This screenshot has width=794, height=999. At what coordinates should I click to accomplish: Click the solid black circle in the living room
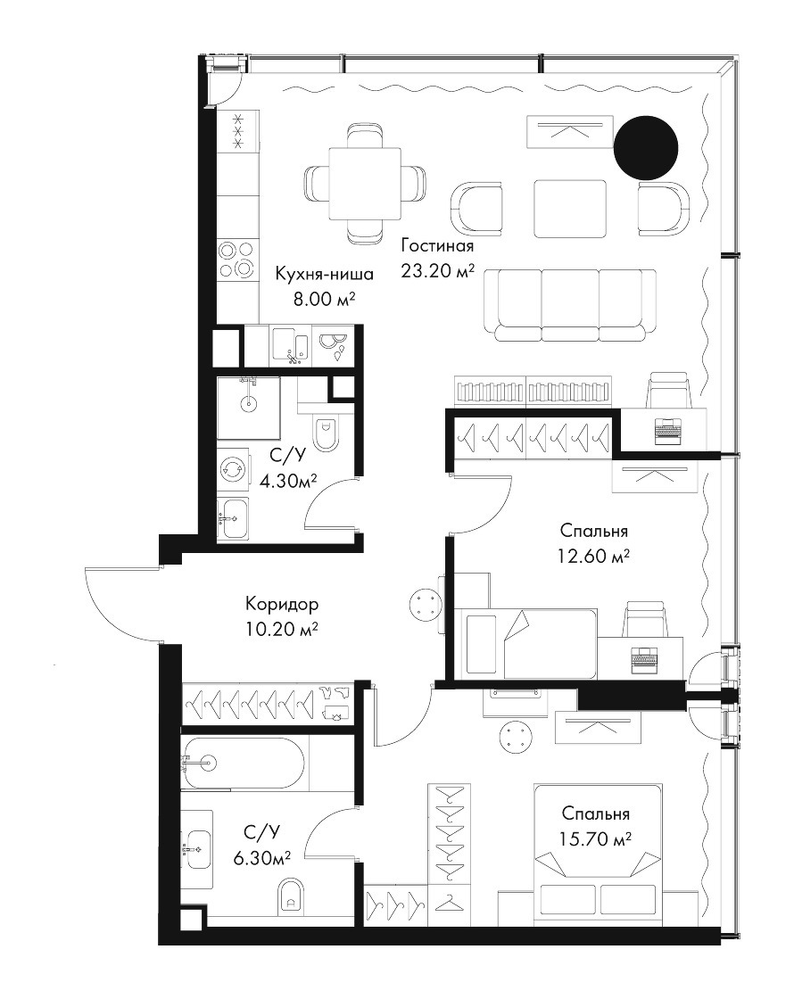[x=646, y=147]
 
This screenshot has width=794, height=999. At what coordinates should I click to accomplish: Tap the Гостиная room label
[x=437, y=246]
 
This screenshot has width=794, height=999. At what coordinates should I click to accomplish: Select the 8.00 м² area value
[x=324, y=299]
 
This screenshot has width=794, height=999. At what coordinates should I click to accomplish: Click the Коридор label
[x=282, y=603]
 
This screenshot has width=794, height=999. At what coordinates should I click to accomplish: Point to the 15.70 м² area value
[x=595, y=839]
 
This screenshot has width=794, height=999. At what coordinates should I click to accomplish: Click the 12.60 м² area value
[x=594, y=557]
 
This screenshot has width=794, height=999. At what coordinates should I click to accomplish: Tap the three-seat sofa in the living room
[x=570, y=304]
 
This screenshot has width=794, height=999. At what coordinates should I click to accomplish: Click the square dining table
[x=365, y=184]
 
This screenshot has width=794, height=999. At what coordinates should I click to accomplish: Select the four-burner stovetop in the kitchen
[x=238, y=260]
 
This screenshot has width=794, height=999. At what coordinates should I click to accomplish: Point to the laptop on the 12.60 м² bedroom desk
[x=644, y=660]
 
